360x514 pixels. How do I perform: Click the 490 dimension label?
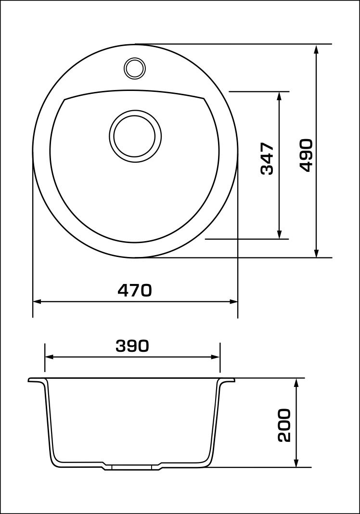[306, 155]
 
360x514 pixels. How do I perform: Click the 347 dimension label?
[267, 158]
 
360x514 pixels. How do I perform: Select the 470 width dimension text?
[135, 290]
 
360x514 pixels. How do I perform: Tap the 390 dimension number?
[132, 346]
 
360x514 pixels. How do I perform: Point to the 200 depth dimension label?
[284, 425]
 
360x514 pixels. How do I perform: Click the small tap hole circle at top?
[134, 67]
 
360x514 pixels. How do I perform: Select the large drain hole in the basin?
[135, 136]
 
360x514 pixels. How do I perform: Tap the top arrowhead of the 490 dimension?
[316, 49]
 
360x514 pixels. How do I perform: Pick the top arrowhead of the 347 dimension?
[279, 96]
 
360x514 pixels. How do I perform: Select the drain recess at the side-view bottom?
[132, 466]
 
